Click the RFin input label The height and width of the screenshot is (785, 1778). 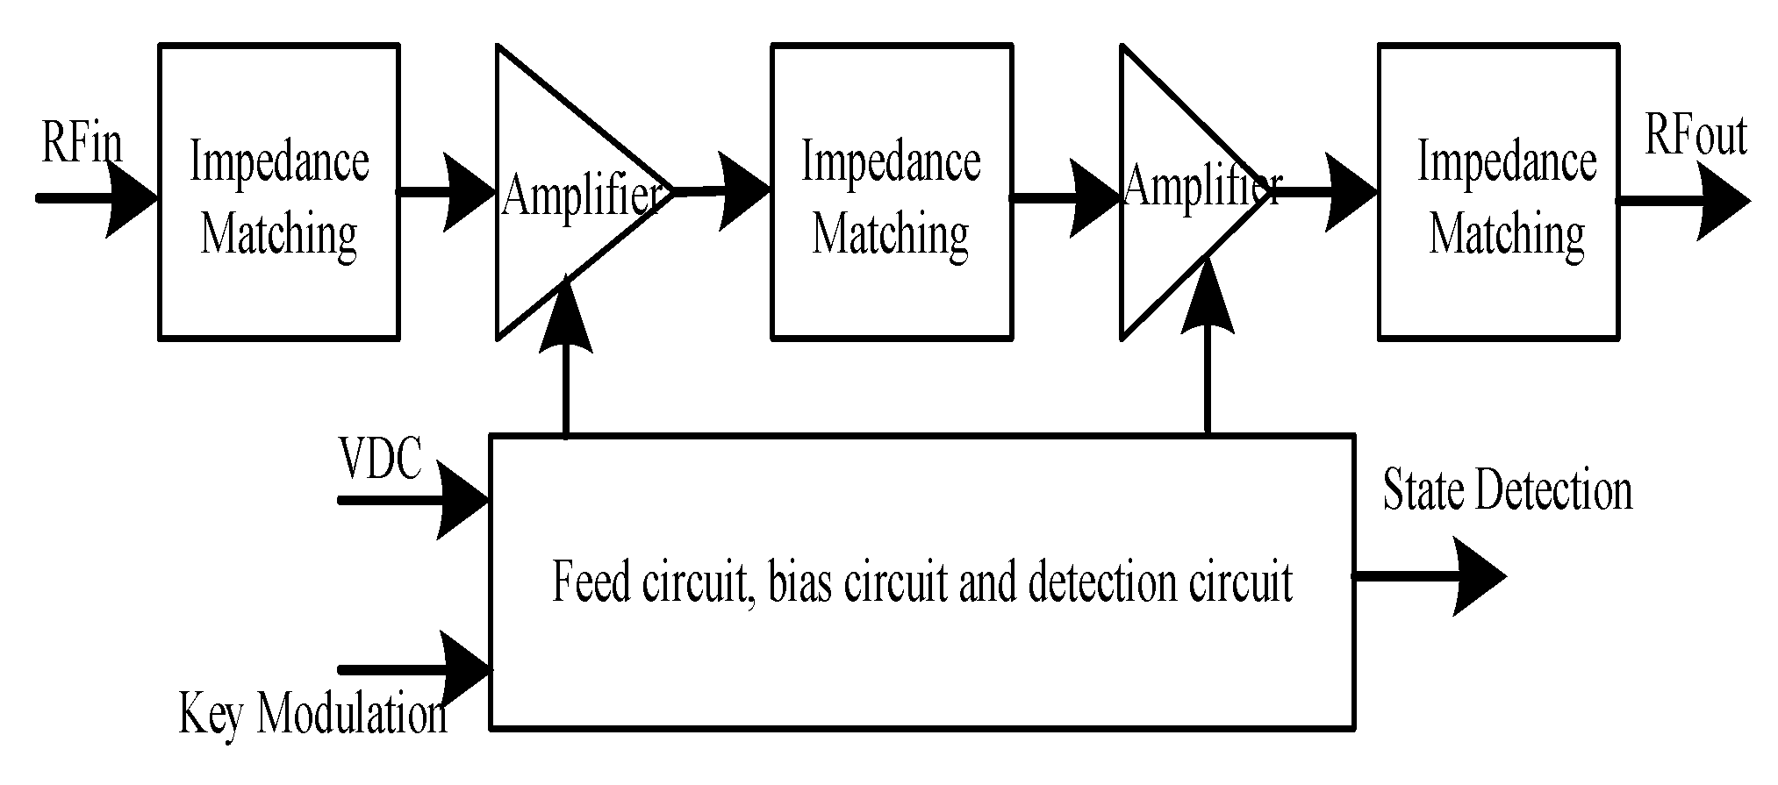(x=82, y=143)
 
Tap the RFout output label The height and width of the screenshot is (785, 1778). (x=1695, y=136)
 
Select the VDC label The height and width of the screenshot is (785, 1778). (x=380, y=459)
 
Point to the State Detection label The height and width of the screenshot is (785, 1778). (x=1507, y=490)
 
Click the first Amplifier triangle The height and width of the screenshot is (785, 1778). (x=562, y=193)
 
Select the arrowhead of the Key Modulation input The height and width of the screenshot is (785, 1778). (x=462, y=669)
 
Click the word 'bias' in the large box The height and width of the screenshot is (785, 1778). (x=799, y=582)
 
